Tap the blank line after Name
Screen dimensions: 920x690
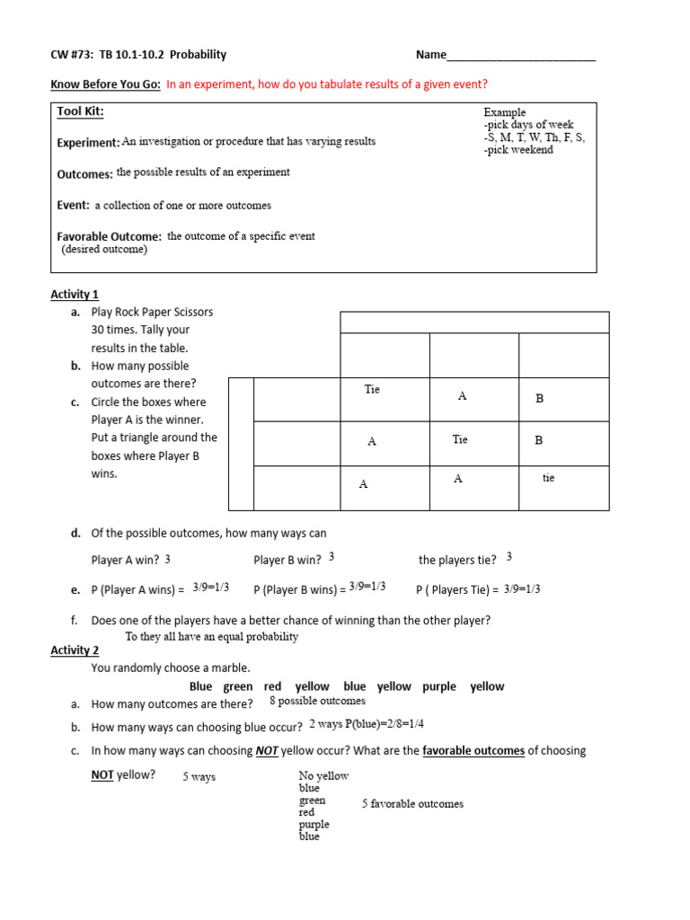521,57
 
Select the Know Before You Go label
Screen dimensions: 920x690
105,84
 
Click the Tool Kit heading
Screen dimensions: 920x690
80,111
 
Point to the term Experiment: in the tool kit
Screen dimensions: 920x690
88,143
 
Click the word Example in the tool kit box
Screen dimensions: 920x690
504,112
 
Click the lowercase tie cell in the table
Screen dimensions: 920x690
548,478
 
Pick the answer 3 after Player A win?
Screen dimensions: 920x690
168,559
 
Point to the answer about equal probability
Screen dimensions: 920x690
211,636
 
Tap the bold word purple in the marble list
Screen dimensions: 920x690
439,686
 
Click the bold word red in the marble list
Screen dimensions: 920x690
272,686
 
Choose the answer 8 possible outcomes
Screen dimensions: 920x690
317,701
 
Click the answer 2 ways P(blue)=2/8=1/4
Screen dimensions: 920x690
366,724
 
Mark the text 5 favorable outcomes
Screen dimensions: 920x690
412,804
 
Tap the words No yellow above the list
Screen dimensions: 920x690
323,776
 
